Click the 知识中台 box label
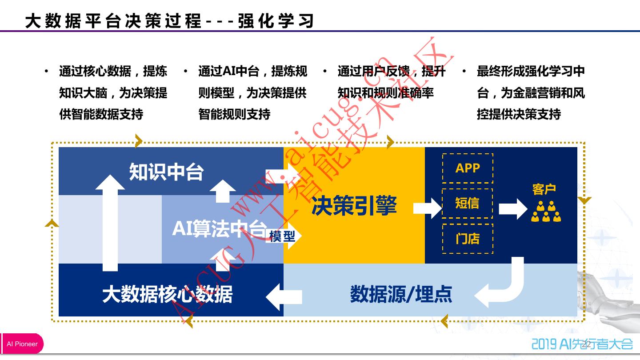(x=166, y=172)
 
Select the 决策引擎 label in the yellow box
(x=354, y=206)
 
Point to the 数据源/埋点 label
(x=401, y=294)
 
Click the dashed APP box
(x=468, y=168)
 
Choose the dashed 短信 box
(x=468, y=203)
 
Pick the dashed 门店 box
(x=468, y=238)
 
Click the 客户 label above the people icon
(x=544, y=189)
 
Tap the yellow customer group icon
(x=546, y=212)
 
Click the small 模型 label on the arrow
(x=282, y=236)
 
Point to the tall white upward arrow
(x=110, y=222)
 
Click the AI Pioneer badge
(x=22, y=344)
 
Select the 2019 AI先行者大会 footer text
(x=582, y=344)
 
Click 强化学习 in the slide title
(x=276, y=21)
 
